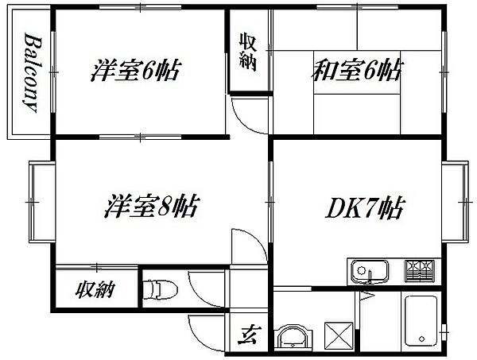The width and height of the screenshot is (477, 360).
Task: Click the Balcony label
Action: tap(33, 72)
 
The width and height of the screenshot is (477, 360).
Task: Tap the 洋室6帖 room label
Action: tap(136, 70)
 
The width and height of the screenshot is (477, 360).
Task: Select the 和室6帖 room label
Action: tap(358, 71)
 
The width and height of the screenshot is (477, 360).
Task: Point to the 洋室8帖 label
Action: tap(152, 206)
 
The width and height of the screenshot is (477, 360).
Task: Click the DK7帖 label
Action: tap(365, 208)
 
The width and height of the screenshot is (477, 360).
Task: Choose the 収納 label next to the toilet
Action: tap(95, 290)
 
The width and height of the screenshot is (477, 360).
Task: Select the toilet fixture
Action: tap(160, 289)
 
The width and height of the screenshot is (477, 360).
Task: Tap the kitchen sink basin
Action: tap(370, 271)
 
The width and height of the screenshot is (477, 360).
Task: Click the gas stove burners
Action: tap(419, 271)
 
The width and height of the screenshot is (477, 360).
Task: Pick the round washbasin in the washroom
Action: tap(293, 336)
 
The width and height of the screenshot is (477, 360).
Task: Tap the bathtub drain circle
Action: tap(421, 339)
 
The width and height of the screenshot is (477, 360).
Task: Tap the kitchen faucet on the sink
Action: tap(370, 276)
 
